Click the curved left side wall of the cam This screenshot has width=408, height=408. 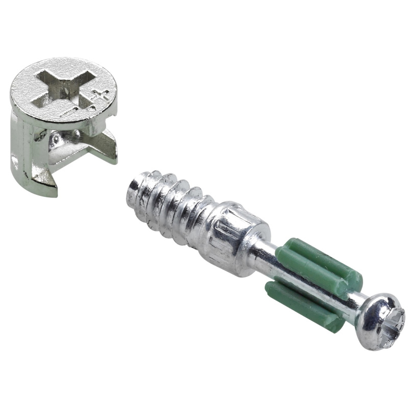20,143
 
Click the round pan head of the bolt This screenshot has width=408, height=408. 380,321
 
